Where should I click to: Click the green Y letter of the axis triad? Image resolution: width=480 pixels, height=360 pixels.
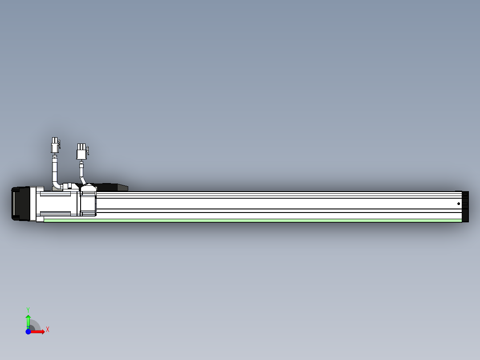(28, 310)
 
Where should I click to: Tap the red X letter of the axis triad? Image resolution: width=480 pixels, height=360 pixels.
(48, 330)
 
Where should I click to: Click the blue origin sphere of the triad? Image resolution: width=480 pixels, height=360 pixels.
(28, 331)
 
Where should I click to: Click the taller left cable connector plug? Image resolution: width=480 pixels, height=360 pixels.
(55, 145)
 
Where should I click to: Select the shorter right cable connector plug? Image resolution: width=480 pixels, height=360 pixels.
(81, 151)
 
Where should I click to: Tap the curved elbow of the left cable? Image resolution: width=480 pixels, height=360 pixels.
(57, 184)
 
